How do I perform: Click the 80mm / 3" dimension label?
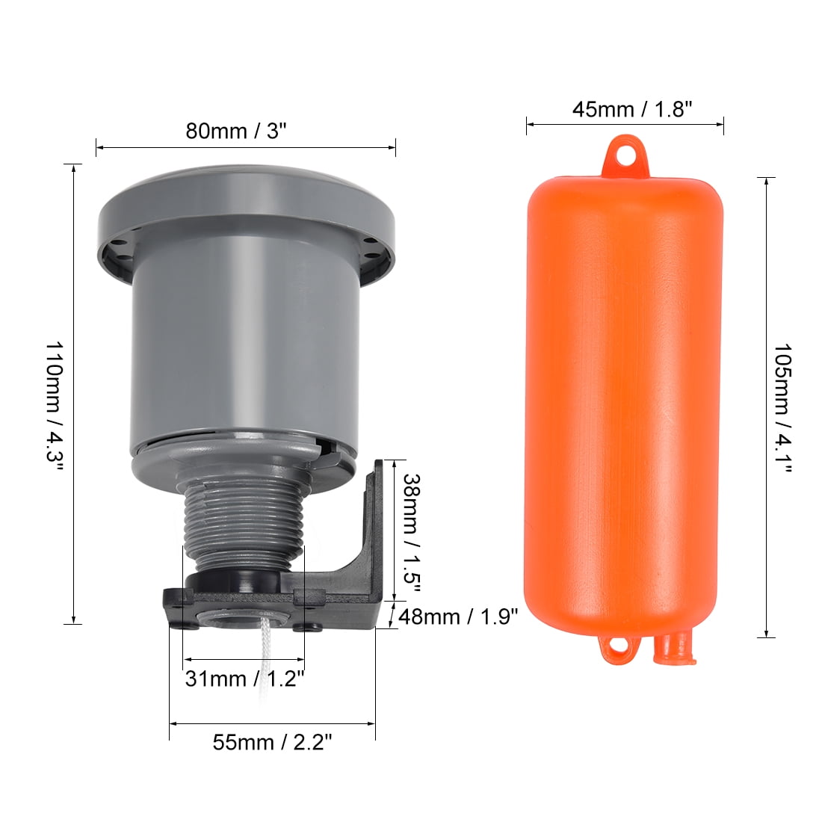pos(236,132)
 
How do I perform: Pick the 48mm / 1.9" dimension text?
pos(458,617)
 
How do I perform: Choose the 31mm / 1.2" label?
pos(244,679)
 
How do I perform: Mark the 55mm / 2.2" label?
pos(272,743)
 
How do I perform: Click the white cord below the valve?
pos(268,658)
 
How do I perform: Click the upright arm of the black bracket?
pos(372,523)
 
